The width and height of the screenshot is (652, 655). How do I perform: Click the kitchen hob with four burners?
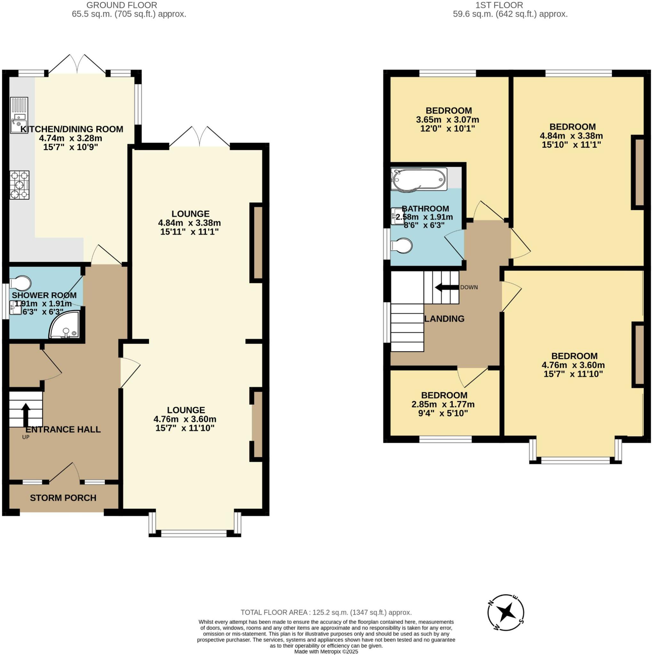tap(19, 185)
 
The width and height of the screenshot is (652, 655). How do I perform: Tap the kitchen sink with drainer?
tap(19, 115)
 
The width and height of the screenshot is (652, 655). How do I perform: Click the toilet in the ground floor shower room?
tap(20, 283)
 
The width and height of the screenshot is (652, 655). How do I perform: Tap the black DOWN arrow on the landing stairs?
tap(447, 288)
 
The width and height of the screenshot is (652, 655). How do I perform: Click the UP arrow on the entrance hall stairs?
tap(25, 414)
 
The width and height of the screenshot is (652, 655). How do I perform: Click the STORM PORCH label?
tap(63, 498)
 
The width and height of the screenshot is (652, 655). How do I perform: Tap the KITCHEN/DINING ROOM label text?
tap(72, 129)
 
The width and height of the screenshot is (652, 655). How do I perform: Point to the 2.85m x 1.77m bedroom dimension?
tap(443, 405)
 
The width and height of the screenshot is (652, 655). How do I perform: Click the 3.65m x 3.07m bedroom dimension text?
tap(447, 120)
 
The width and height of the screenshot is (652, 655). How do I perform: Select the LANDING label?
tap(444, 319)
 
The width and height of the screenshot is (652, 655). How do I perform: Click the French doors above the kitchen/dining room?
tap(77, 64)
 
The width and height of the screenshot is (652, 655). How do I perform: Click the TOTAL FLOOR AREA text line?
tap(326, 612)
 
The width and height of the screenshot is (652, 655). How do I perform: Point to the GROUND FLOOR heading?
tap(122, 5)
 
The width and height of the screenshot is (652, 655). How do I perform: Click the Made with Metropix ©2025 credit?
tap(326, 651)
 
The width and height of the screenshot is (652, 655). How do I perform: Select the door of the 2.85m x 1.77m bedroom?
tap(472, 377)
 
